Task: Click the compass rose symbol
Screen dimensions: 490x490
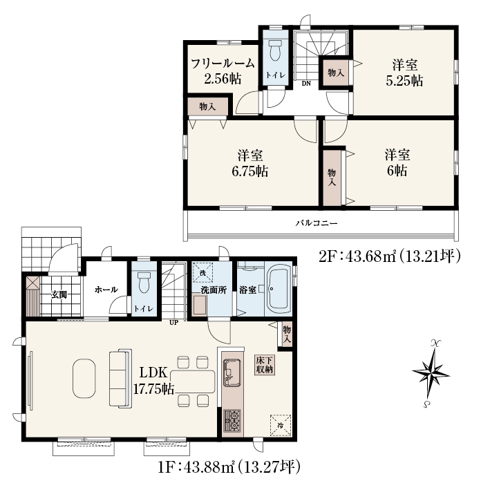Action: click(431, 373)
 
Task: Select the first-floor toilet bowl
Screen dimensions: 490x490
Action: click(144, 282)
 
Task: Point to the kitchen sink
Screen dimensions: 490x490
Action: click(232, 373)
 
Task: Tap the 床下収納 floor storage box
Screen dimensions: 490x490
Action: click(265, 365)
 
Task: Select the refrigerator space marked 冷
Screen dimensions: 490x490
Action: click(281, 425)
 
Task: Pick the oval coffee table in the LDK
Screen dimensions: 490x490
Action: click(84, 378)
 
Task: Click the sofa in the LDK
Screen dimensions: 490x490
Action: click(120, 378)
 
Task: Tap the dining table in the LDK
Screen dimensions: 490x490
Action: click(193, 381)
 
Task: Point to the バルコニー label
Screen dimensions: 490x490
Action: click(317, 223)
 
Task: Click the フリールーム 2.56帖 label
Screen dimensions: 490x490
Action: click(223, 71)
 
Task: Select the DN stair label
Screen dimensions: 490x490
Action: click(306, 84)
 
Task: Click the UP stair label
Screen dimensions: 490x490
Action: click(173, 323)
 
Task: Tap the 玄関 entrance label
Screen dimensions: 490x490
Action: click(59, 294)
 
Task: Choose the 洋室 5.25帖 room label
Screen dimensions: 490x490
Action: click(405, 73)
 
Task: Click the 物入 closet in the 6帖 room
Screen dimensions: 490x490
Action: click(332, 178)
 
